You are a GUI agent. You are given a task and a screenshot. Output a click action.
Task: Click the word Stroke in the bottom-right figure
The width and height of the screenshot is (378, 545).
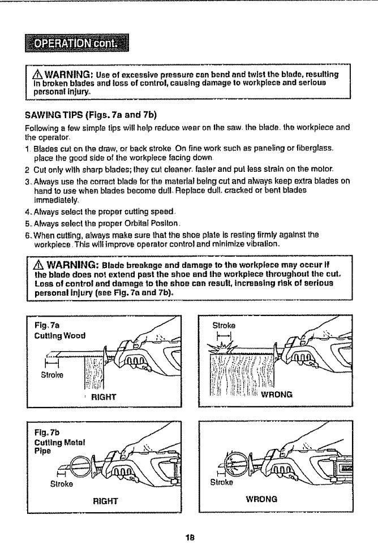click(x=222, y=482)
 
